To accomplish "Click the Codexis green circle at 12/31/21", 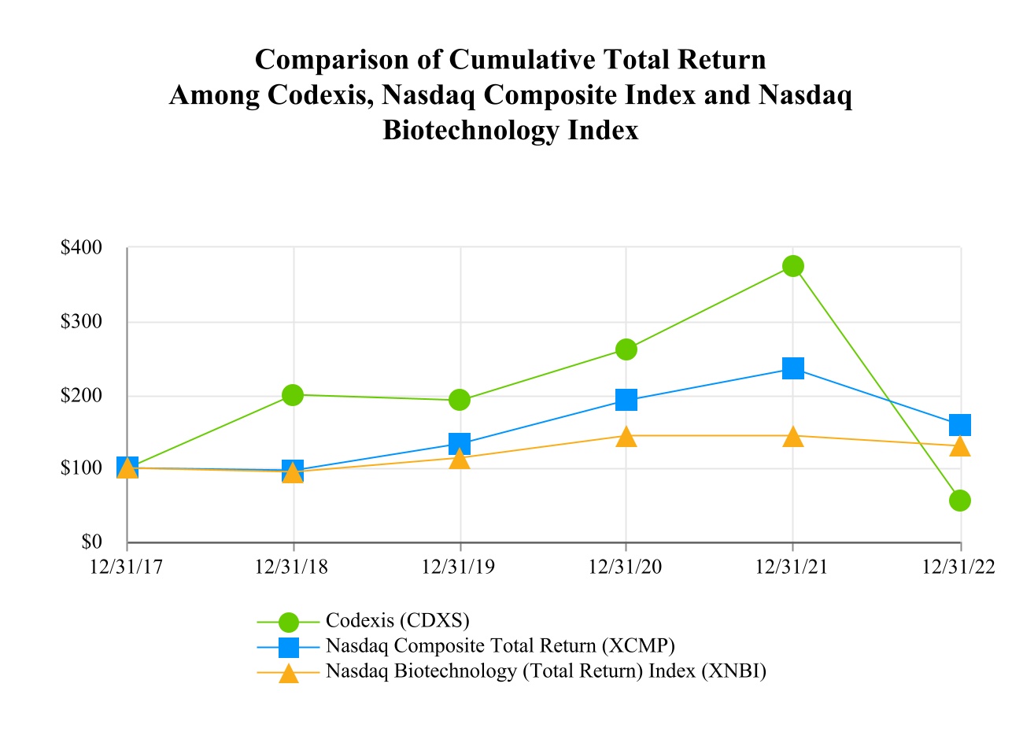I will point(793,266).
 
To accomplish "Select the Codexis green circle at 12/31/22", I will point(960,501).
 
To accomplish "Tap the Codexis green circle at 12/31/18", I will point(293,394).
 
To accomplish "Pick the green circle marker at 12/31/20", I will point(626,349).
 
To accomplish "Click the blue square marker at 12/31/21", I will point(793,368).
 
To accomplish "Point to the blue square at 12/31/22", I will point(960,425).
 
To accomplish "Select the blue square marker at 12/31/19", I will point(460,443).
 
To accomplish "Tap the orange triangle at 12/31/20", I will point(626,437).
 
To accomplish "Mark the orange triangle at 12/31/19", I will point(460,459).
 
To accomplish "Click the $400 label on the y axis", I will point(82,248).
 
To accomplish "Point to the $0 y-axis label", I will point(92,542).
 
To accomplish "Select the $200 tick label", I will point(82,395).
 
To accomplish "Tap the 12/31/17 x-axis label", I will point(127,567).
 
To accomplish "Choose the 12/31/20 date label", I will point(626,567).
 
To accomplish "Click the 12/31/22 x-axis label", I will point(959,567).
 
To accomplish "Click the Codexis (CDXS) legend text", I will point(397,621).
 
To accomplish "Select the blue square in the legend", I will point(290,647).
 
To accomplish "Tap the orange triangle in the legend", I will point(290,673).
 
